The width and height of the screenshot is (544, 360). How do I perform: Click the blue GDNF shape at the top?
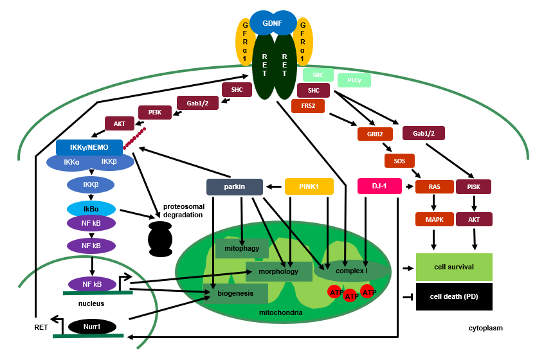click(273, 23)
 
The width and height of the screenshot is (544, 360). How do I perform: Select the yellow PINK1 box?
click(309, 186)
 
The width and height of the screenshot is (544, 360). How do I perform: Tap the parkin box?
click(235, 186)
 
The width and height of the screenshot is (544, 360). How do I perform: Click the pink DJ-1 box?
click(379, 186)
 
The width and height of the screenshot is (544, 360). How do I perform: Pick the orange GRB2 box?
click(375, 134)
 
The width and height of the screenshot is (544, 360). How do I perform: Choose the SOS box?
click(399, 159)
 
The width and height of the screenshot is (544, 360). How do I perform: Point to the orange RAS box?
click(435, 186)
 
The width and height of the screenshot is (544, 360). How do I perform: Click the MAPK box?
click(435, 219)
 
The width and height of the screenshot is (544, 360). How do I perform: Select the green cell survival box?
click(454, 266)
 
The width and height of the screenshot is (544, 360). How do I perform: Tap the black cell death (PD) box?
click(454, 296)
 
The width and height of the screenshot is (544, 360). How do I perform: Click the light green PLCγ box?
click(354, 80)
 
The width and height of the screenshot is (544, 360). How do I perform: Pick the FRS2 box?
click(308, 105)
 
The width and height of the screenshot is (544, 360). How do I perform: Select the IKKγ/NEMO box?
click(89, 147)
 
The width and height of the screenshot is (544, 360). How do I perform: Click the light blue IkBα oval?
click(91, 209)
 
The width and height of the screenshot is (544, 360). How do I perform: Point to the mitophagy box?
click(242, 248)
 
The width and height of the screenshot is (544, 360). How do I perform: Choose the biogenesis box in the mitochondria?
click(235, 293)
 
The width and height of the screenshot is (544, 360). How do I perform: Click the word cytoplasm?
click(485, 328)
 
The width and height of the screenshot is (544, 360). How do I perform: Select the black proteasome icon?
click(160, 239)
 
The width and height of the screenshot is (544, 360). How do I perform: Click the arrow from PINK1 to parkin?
click(275, 187)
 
